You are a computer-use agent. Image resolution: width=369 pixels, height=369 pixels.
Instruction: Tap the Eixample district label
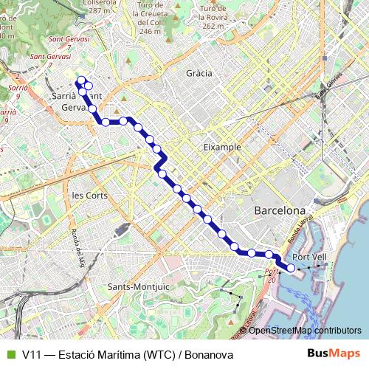click(221, 147)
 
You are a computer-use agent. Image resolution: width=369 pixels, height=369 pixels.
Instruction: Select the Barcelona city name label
click(280, 211)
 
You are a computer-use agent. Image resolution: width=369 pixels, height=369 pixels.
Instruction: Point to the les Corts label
click(89, 196)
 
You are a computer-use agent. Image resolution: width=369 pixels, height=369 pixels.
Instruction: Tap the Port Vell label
click(309, 257)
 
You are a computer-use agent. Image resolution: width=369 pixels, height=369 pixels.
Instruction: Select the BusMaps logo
click(334, 355)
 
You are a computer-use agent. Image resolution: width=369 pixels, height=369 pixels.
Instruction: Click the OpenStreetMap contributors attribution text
click(305, 330)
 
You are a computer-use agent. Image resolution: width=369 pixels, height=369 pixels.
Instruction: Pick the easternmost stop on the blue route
click(293, 268)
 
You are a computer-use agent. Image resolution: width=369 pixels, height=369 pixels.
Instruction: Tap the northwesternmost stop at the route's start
click(80, 80)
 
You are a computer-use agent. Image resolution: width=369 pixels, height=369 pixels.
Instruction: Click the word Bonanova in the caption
click(209, 355)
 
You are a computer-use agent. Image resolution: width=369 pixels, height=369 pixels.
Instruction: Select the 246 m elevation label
click(150, 31)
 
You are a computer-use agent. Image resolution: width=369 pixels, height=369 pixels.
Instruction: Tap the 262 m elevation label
click(213, 25)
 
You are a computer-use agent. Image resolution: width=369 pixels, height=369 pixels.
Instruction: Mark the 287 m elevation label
click(98, 11)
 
